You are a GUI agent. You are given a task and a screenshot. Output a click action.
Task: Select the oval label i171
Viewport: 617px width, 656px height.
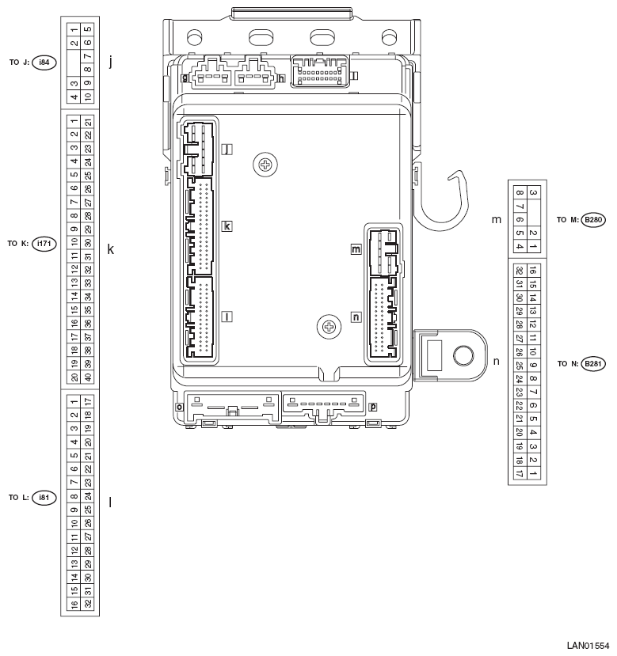[44, 243]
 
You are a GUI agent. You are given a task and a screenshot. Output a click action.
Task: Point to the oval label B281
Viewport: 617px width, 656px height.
[593, 364]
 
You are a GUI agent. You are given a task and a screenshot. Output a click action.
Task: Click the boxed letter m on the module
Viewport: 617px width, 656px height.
[356, 249]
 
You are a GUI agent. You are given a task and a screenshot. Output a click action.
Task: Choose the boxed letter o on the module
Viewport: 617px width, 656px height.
[180, 406]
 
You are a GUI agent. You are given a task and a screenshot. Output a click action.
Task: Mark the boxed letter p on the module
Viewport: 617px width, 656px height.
[371, 406]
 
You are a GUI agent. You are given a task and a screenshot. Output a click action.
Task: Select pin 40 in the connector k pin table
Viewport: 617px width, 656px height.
[88, 377]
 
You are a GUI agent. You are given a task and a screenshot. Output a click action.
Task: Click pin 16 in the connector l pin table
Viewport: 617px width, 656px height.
[73, 605]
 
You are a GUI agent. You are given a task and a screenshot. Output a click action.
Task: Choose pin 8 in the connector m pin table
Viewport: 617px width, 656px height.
[518, 192]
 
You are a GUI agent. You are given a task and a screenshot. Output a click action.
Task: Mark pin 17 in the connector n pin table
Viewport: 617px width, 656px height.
[518, 473]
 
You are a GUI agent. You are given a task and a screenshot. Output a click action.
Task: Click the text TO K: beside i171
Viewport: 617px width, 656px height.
[16, 243]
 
